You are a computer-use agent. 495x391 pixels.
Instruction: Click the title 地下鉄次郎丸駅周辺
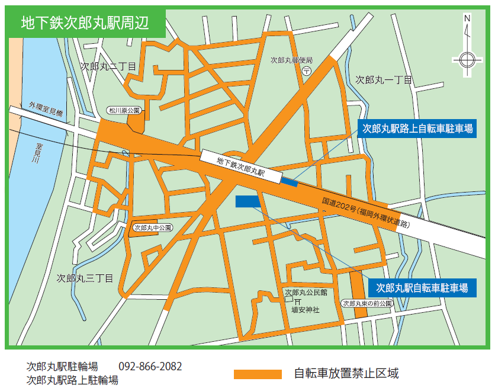click(85, 23)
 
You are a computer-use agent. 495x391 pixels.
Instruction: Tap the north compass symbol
click(467, 58)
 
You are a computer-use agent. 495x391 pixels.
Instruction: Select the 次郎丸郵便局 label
click(291, 60)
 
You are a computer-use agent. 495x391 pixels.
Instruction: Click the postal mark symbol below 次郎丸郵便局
click(306, 70)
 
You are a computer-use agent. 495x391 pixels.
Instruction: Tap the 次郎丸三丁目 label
click(85, 277)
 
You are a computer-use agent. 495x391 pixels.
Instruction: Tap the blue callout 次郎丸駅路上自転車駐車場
click(417, 128)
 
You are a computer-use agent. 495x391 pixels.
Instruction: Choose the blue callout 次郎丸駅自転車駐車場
click(422, 288)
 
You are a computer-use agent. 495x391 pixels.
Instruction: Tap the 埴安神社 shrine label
click(305, 309)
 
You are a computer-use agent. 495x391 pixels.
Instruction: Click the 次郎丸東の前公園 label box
click(367, 303)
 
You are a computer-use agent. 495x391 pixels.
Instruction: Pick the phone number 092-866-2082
click(150, 366)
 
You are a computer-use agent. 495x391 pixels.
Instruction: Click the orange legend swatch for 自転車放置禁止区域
click(258, 374)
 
